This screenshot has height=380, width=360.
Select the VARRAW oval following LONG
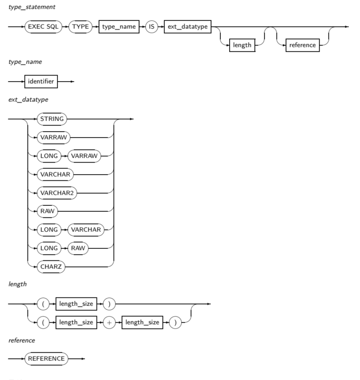tap(84, 156)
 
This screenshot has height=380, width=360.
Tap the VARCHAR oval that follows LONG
tap(86, 229)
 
